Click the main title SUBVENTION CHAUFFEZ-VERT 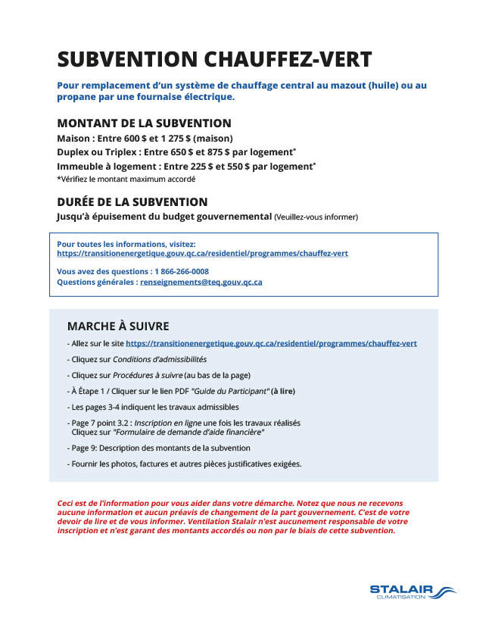pos(214,59)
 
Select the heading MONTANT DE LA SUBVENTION pos(144,123)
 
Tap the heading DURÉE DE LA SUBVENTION pos(132,202)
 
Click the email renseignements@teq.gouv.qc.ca pos(201,282)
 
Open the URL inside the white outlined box pos(202,254)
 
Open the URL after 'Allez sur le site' pos(271,343)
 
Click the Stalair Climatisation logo pos(412,592)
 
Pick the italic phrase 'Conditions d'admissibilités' pos(160,359)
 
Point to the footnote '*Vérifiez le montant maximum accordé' pos(126,180)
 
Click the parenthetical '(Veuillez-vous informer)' pos(316,217)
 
